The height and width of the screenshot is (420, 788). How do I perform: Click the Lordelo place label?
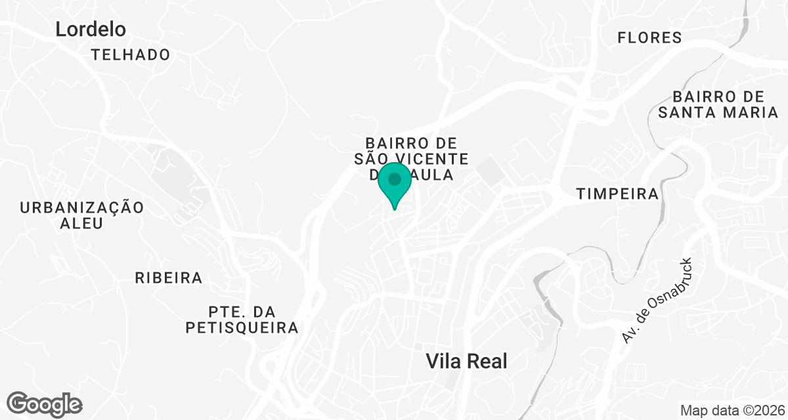click(x=91, y=29)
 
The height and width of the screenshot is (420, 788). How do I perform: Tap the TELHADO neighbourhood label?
click(x=131, y=54)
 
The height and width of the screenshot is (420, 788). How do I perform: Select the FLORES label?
click(x=649, y=37)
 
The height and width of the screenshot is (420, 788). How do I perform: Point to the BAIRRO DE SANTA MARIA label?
click(x=718, y=104)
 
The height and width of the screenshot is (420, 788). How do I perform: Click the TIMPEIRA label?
click(x=617, y=194)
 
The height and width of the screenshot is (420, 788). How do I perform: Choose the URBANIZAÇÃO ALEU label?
click(x=81, y=215)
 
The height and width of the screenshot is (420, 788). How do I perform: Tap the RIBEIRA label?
click(x=169, y=278)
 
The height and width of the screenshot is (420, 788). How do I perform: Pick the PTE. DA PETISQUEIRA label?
click(x=242, y=318)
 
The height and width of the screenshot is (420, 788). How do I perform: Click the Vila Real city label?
click(x=467, y=360)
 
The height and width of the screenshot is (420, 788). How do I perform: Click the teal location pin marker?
click(x=395, y=186)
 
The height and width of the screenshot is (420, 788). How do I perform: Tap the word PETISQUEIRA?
click(x=242, y=327)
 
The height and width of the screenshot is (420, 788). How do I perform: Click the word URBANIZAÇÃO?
click(x=81, y=207)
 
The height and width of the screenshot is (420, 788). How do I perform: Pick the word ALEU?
click(x=81, y=223)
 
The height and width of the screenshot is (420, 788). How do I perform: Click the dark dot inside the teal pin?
click(x=395, y=178)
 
